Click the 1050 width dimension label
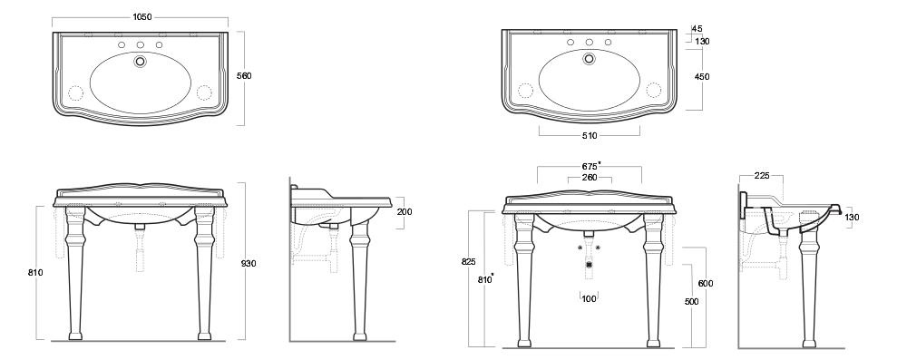click(x=141, y=17)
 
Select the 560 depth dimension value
click(x=244, y=75)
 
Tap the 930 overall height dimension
click(x=249, y=264)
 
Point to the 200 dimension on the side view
click(x=405, y=212)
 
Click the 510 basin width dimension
click(x=590, y=136)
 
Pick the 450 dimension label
click(x=702, y=77)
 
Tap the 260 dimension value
click(x=590, y=178)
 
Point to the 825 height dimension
click(x=468, y=262)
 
